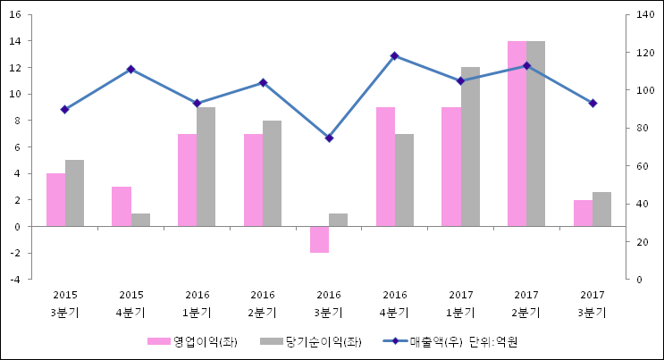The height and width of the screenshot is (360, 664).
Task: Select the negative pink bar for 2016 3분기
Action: tap(319, 239)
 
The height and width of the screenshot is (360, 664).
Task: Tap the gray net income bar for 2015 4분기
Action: tap(140, 220)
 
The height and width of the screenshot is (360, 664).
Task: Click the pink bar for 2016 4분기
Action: tap(385, 167)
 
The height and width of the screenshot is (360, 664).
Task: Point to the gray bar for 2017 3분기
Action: tap(601, 209)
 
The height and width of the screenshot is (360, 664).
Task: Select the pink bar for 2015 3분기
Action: tap(55, 200)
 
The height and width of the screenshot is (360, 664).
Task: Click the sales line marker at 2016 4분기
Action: tap(395, 56)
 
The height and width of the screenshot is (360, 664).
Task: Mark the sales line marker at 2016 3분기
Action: tap(329, 138)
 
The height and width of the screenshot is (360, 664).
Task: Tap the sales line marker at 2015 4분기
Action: tap(131, 70)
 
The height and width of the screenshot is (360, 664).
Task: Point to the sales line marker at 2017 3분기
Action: tap(593, 104)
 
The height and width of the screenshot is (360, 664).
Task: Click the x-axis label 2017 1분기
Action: tap(460, 304)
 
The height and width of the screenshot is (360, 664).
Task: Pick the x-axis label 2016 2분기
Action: tap(263, 304)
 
